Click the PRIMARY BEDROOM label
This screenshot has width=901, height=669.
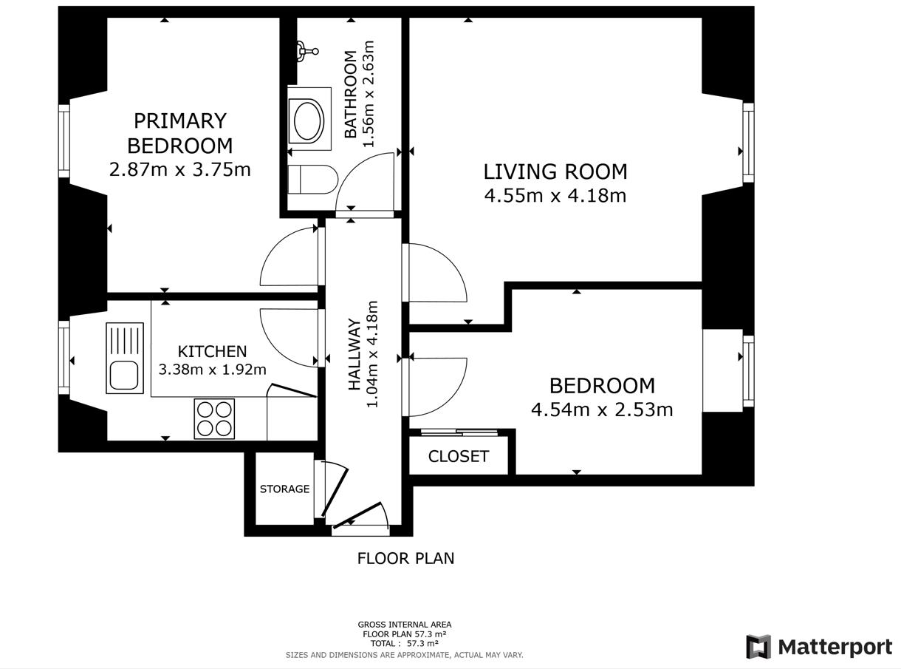point(180,133)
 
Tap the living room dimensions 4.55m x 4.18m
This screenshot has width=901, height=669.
point(555,196)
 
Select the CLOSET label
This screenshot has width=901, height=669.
point(459,457)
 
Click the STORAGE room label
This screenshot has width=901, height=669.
point(285,489)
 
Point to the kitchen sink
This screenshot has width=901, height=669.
point(125,359)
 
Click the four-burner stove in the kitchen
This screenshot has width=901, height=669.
point(214,419)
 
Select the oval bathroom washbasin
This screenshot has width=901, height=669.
point(309,121)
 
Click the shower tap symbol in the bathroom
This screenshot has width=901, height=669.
point(307,51)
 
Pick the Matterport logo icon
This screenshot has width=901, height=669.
point(758,646)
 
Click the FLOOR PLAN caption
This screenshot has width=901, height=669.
point(405,558)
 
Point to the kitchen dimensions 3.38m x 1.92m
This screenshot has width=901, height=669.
point(213,370)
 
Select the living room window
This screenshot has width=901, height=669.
point(748,143)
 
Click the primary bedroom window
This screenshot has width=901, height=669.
point(64,141)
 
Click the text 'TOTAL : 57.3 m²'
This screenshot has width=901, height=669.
point(404,644)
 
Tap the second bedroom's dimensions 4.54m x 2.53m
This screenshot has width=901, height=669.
point(602,410)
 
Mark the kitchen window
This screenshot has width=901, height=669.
point(64,358)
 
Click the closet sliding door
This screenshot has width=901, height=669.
point(459,432)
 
